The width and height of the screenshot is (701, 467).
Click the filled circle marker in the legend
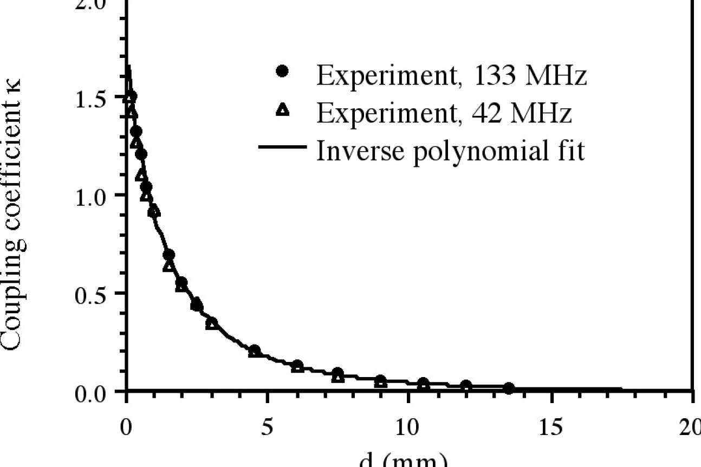(281, 72)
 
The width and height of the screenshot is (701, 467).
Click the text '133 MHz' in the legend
(529, 76)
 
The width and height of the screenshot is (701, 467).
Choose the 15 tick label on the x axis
(550, 429)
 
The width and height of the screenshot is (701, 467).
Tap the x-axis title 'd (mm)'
(404, 460)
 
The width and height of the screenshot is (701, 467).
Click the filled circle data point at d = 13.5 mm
(508, 388)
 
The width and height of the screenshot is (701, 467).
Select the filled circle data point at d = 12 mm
(466, 386)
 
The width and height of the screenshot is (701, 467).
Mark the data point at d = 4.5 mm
(254, 351)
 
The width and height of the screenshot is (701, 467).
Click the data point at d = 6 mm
(297, 366)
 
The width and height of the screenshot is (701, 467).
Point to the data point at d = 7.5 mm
(338, 374)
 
